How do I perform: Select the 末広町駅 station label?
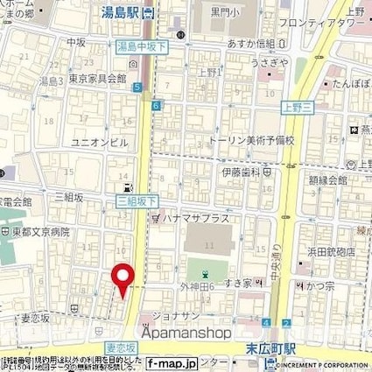pyautogui.click(x=268, y=348)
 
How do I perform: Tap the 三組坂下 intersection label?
pyautogui.click(x=131, y=200)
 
